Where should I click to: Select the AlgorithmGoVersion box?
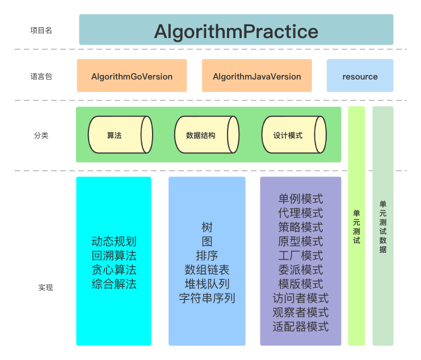(x=132, y=76)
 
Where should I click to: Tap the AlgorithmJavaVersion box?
(x=256, y=76)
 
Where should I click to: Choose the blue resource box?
(x=360, y=76)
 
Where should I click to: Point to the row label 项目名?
(x=41, y=31)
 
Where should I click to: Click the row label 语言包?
(x=41, y=76)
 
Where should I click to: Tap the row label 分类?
(x=41, y=136)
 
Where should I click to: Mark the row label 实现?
(x=45, y=288)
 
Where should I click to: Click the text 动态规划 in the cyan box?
(x=114, y=241)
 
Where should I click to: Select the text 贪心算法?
(x=114, y=270)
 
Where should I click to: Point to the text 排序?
(x=207, y=256)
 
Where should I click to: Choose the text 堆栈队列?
(x=207, y=284)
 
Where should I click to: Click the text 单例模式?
(x=301, y=199)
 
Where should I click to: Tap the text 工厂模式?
(x=301, y=256)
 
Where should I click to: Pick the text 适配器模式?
(x=301, y=326)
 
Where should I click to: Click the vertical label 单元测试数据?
(x=383, y=227)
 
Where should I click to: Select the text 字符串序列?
(x=207, y=298)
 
